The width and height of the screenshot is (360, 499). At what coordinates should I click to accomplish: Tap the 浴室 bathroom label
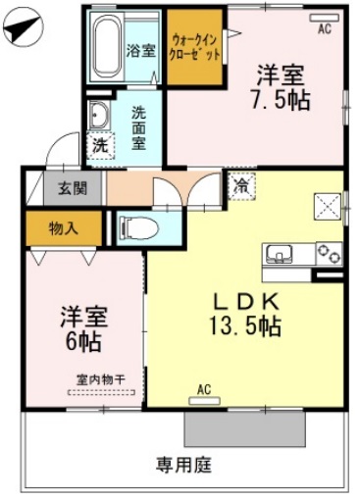tap(140, 50)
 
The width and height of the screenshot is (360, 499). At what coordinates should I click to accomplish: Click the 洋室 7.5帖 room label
tap(282, 85)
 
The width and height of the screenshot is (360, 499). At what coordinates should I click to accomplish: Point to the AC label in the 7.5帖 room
tap(324, 29)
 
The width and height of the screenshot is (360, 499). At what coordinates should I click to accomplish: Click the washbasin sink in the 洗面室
tap(100, 117)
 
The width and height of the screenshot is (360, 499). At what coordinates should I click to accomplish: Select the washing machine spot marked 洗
tap(100, 145)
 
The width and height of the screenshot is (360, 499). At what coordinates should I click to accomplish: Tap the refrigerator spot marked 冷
tap(239, 183)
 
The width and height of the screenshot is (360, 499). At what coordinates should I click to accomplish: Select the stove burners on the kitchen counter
tap(329, 254)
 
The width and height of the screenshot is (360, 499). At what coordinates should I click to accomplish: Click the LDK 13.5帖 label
tap(246, 313)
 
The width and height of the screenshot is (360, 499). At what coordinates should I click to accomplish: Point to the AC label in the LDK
tap(204, 390)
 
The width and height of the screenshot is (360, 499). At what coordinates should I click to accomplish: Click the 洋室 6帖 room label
tap(82, 328)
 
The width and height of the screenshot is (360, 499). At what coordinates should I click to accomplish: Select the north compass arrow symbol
tap(21, 30)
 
